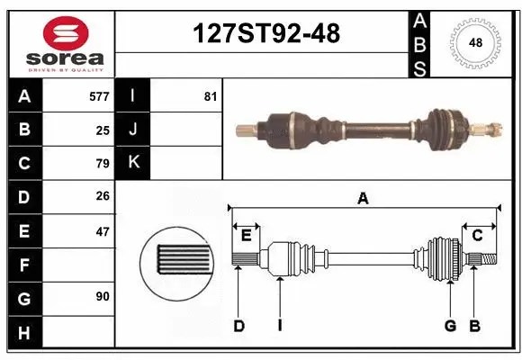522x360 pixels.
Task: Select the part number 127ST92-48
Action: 267,34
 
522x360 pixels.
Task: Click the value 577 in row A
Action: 99,95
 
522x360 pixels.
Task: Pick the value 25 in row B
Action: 103,130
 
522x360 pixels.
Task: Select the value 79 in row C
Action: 103,164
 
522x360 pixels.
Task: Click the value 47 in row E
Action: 103,231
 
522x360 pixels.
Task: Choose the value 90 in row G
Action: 103,296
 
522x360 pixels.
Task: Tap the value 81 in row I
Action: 211,95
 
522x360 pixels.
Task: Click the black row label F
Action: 23,265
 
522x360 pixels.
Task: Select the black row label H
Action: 23,332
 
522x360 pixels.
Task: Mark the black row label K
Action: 134,163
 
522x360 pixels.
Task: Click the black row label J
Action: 134,130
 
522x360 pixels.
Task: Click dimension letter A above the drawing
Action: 364,199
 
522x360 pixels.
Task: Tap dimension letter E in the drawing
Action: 246,236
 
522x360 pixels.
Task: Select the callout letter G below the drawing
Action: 450,326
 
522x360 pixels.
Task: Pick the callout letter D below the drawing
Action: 238,326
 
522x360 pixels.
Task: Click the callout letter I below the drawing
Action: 280,326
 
